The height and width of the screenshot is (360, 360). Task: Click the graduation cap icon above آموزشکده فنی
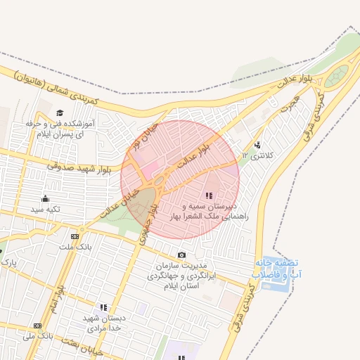(60, 112)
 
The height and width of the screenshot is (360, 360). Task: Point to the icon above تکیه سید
(46, 198)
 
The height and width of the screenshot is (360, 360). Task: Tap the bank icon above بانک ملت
(74, 236)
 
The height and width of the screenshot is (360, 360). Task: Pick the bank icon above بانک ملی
(37, 326)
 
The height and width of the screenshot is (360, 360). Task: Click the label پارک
(8, 262)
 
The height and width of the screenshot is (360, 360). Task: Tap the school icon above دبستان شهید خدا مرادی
(104, 307)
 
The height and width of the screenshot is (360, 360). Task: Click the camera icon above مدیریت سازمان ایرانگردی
(182, 255)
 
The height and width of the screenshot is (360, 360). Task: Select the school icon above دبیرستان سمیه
(209, 195)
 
